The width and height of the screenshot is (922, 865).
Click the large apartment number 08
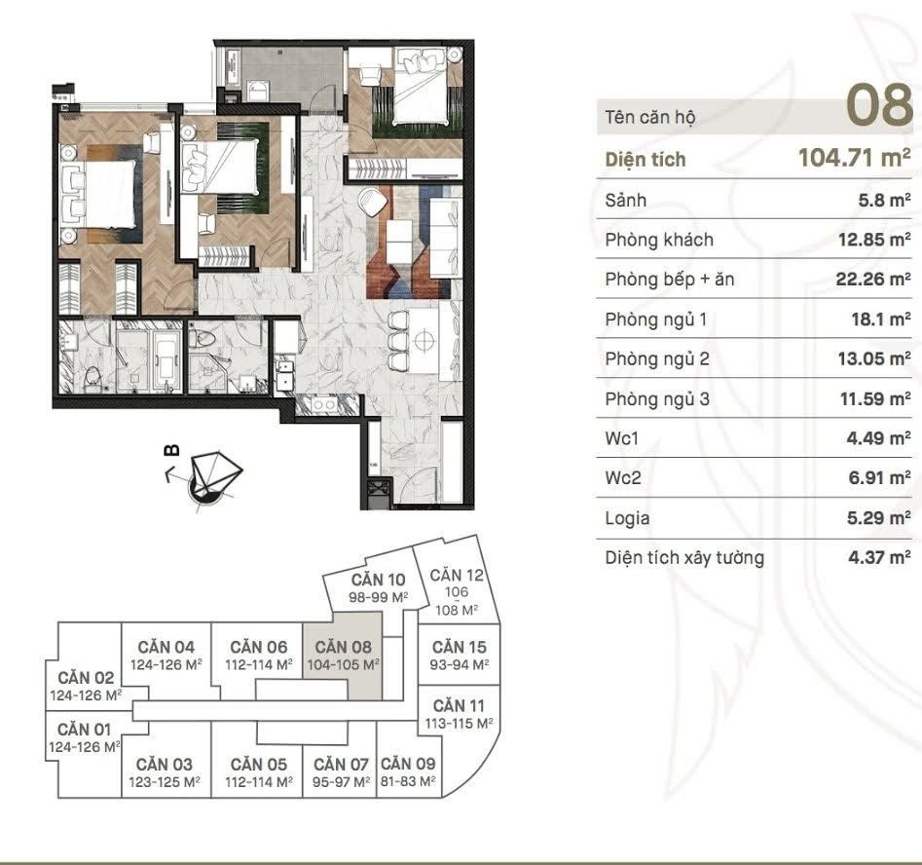tap(878, 105)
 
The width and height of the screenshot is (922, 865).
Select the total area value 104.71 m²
tap(855, 158)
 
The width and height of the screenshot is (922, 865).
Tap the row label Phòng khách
tap(659, 240)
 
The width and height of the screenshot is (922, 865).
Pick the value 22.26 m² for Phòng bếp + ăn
tap(873, 279)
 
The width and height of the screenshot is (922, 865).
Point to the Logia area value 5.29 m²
tap(878, 518)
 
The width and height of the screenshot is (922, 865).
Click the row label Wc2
tap(623, 478)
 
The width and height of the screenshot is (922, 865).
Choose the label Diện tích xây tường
tap(684, 558)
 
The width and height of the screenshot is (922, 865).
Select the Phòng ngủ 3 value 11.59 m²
tap(875, 399)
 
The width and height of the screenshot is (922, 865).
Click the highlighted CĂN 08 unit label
tap(343, 647)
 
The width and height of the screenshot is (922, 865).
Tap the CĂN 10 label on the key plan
tap(378, 580)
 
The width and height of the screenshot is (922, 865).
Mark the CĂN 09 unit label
tap(408, 764)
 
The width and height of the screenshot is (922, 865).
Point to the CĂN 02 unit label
tap(86, 678)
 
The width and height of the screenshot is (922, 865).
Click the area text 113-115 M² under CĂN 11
tap(460, 723)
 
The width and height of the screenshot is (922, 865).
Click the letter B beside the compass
tap(171, 451)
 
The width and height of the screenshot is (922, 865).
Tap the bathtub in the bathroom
tap(166, 358)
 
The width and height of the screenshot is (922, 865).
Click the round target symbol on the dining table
tap(424, 340)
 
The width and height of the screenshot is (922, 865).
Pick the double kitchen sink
tap(284, 374)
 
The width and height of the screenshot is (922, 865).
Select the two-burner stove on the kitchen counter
tap(322, 405)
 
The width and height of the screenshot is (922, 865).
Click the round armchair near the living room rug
tap(372, 202)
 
